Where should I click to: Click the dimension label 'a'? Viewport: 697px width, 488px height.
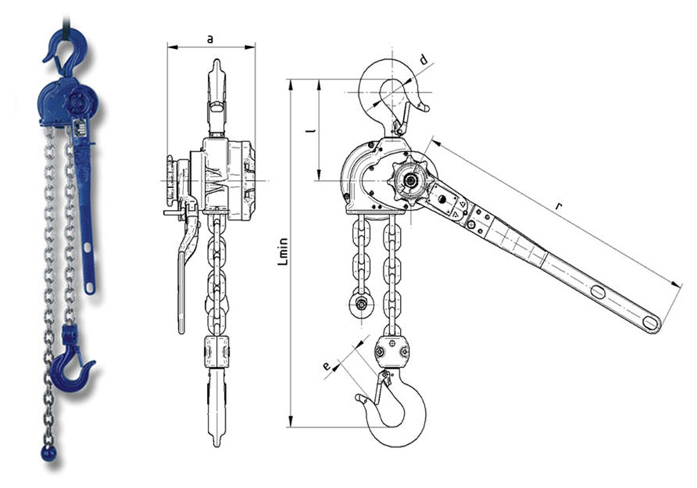[x=210, y=40]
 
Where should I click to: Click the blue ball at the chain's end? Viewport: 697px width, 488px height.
[x=48, y=454]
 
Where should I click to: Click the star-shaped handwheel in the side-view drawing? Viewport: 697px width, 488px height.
[x=409, y=180]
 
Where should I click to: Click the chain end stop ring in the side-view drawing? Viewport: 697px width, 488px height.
[x=361, y=304]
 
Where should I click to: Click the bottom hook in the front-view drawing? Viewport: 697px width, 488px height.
[x=216, y=404]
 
